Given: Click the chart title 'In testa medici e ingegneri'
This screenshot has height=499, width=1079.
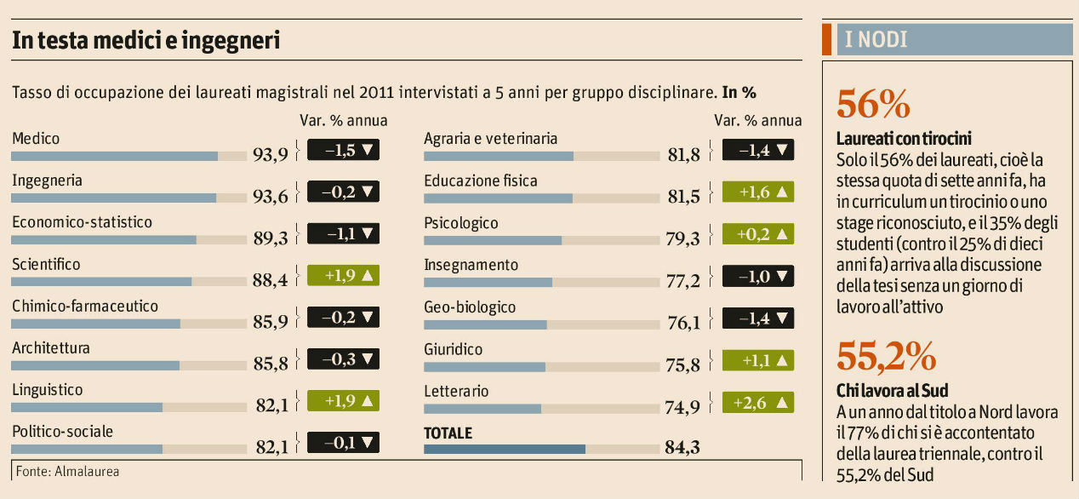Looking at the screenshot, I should pyautogui.click(x=146, y=40).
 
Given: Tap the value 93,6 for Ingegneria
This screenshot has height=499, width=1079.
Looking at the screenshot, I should pyautogui.click(x=271, y=196).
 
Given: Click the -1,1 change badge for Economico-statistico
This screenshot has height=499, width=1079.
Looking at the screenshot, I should pyautogui.click(x=343, y=233).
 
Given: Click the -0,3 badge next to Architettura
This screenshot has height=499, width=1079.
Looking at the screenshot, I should pyautogui.click(x=343, y=358).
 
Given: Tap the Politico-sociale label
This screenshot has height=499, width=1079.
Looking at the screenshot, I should pyautogui.click(x=62, y=432).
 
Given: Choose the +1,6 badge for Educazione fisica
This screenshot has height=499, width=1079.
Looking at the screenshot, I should pyautogui.click(x=757, y=192).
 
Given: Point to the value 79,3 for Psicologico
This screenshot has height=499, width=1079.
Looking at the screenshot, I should pyautogui.click(x=683, y=238).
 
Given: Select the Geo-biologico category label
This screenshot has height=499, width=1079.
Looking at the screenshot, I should pyautogui.click(x=470, y=307).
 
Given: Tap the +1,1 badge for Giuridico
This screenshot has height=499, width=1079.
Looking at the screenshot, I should pyautogui.click(x=757, y=359).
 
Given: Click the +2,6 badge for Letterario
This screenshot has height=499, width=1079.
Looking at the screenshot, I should pyautogui.click(x=757, y=401).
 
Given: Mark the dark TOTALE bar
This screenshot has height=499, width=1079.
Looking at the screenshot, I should pyautogui.click(x=505, y=449).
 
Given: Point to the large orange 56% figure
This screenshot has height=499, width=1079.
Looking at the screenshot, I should pyautogui.click(x=874, y=104).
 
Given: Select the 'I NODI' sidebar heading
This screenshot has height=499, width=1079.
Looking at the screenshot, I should pyautogui.click(x=876, y=39).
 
